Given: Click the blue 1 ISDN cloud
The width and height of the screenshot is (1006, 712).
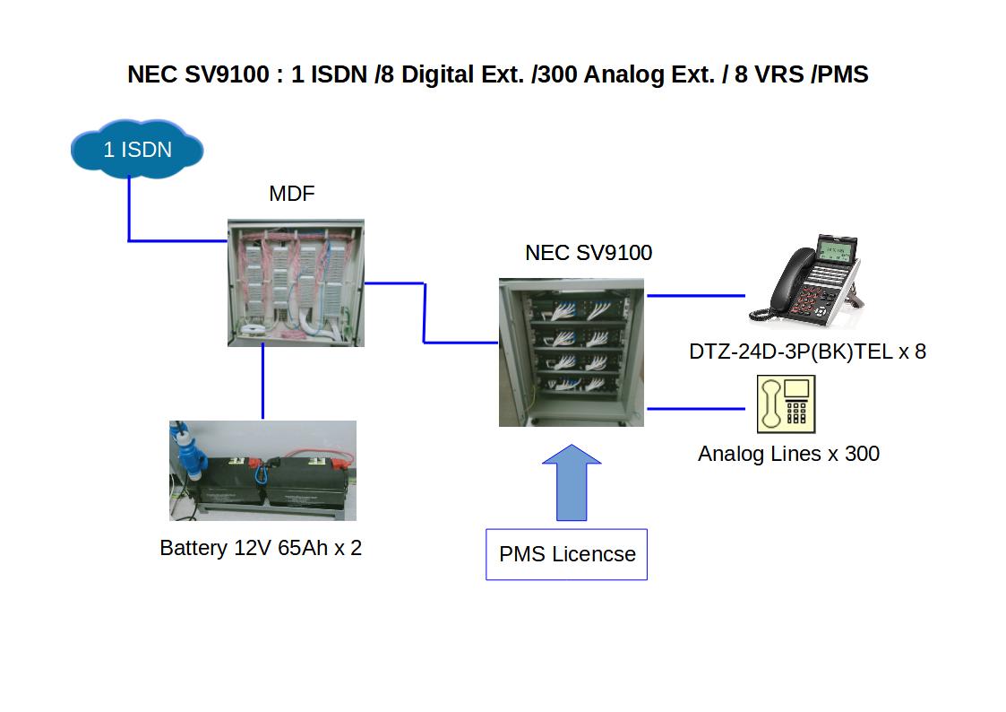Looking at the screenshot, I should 137,149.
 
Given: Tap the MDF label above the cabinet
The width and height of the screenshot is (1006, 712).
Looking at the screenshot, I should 292,194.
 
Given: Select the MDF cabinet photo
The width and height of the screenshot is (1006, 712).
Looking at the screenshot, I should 296,282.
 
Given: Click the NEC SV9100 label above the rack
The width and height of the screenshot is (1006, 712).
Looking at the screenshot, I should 589,253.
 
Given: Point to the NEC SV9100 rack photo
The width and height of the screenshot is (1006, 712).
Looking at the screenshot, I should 571,352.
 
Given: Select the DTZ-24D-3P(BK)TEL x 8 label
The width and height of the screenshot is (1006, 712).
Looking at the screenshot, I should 807,352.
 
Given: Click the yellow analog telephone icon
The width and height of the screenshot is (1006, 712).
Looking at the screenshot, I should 786,404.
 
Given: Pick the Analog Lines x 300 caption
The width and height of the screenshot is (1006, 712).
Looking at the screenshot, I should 788,454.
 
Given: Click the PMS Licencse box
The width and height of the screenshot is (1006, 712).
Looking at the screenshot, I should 566,554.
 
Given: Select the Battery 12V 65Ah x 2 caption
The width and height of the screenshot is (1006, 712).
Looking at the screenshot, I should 261,548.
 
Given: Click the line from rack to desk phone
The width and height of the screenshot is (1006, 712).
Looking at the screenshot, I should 696,295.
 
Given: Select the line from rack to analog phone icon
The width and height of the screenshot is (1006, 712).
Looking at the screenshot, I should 696,409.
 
